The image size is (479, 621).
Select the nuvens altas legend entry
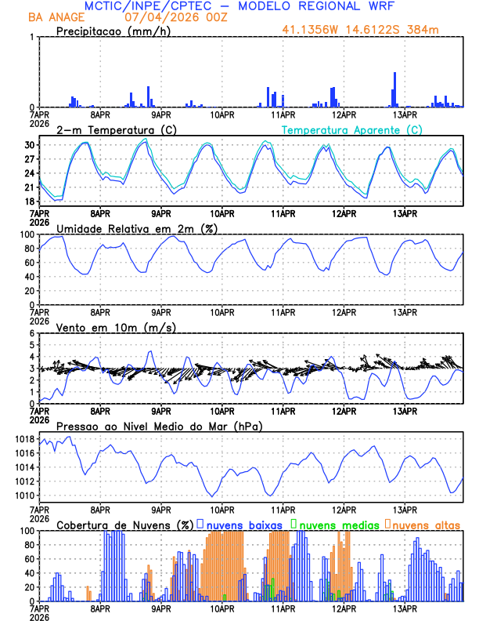point(426,524)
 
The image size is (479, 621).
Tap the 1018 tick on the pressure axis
point(27,438)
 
